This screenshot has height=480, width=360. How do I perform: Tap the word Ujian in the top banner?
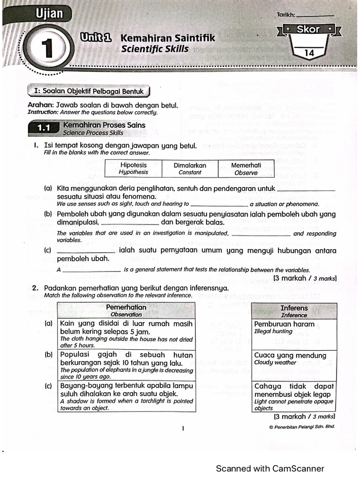click(x=49, y=14)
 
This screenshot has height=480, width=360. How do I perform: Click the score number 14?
click(x=309, y=53)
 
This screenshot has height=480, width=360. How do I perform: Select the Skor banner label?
click(x=308, y=30)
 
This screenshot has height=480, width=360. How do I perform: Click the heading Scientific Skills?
click(x=155, y=49)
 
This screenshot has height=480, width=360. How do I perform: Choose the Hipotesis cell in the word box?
click(x=134, y=168)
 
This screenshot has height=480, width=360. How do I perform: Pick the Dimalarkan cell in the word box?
click(x=190, y=168)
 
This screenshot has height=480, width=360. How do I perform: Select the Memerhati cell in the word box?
click(x=246, y=168)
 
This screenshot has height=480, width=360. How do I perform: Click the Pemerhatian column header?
click(x=126, y=310)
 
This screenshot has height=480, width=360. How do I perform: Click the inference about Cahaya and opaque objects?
click(x=294, y=397)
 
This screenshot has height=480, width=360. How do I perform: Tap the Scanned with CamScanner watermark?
click(x=270, y=468)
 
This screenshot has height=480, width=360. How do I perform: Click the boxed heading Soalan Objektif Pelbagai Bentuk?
click(x=89, y=91)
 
